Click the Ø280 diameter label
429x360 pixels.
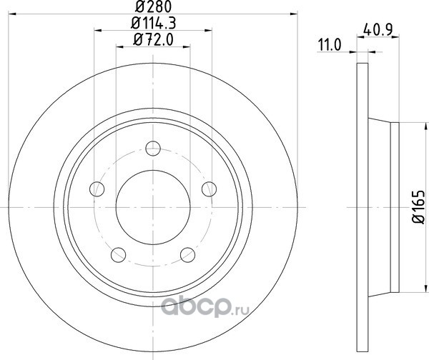click(x=153, y=6)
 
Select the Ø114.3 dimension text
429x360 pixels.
click(x=153, y=24)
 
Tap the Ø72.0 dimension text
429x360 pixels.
click(x=153, y=40)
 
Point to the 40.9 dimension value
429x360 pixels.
click(x=378, y=29)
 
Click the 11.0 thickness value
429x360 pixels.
click(x=330, y=45)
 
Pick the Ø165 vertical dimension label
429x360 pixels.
click(x=419, y=207)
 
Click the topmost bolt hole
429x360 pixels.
click(x=153, y=149)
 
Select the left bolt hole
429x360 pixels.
click(x=97, y=189)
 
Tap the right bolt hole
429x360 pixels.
click(x=209, y=189)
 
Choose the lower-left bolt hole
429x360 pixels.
click(x=118, y=255)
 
